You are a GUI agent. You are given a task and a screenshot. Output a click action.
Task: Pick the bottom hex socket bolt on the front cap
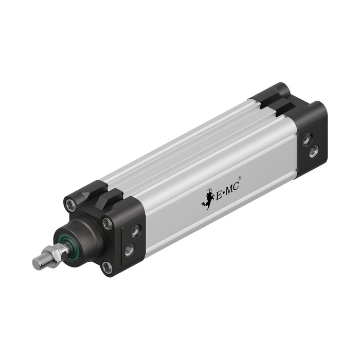(x=107, y=267)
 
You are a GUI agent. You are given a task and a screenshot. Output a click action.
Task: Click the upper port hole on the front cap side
(x=136, y=230)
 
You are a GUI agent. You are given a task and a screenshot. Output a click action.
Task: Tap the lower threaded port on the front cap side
(x=130, y=250)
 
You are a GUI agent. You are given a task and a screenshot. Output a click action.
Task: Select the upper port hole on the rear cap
(x=307, y=139)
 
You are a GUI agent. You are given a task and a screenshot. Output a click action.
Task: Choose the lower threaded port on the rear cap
(x=314, y=152)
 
